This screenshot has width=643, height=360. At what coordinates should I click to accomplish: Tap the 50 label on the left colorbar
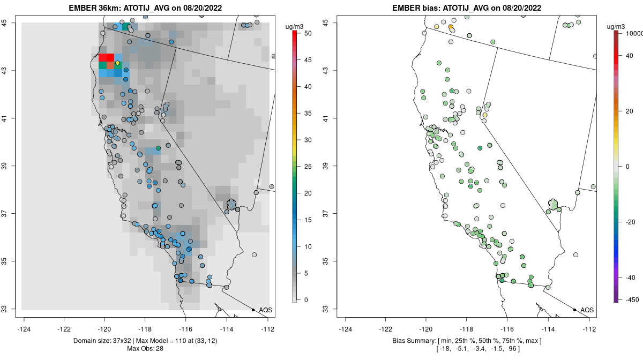click(308, 33)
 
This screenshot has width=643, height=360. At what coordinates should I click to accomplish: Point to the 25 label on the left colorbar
click(308, 167)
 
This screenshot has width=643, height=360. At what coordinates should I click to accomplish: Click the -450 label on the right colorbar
click(632, 300)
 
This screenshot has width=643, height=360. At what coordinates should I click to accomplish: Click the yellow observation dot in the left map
click(117, 63)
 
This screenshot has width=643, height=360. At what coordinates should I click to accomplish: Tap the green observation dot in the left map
click(158, 148)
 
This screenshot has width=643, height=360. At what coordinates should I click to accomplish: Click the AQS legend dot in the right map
click(574, 310)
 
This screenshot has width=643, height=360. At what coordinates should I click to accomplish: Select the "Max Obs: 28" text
click(145, 349)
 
